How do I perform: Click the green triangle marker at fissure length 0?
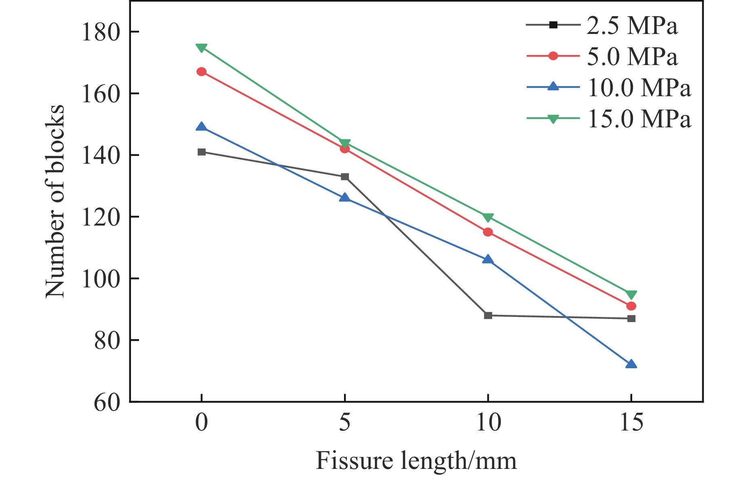click(x=201, y=48)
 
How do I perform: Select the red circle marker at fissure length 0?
click(x=201, y=72)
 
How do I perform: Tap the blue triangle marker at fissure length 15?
click(x=631, y=364)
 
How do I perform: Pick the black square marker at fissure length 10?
click(x=488, y=315)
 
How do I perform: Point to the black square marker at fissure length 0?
click(x=201, y=152)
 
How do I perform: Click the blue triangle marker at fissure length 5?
click(x=344, y=198)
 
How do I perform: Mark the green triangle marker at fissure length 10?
click(x=488, y=217)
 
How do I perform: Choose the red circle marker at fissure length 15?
click(x=631, y=306)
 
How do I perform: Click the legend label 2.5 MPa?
click(x=632, y=26)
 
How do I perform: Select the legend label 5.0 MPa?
click(x=632, y=57)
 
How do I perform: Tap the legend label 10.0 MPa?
click(x=639, y=88)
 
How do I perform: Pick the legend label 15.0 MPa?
click(x=639, y=119)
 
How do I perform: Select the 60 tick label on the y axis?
click(x=107, y=403)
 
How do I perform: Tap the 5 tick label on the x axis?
click(x=344, y=423)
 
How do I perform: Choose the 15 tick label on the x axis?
click(x=631, y=423)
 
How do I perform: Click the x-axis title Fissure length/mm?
click(x=416, y=461)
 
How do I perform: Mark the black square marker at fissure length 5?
click(x=344, y=177)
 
